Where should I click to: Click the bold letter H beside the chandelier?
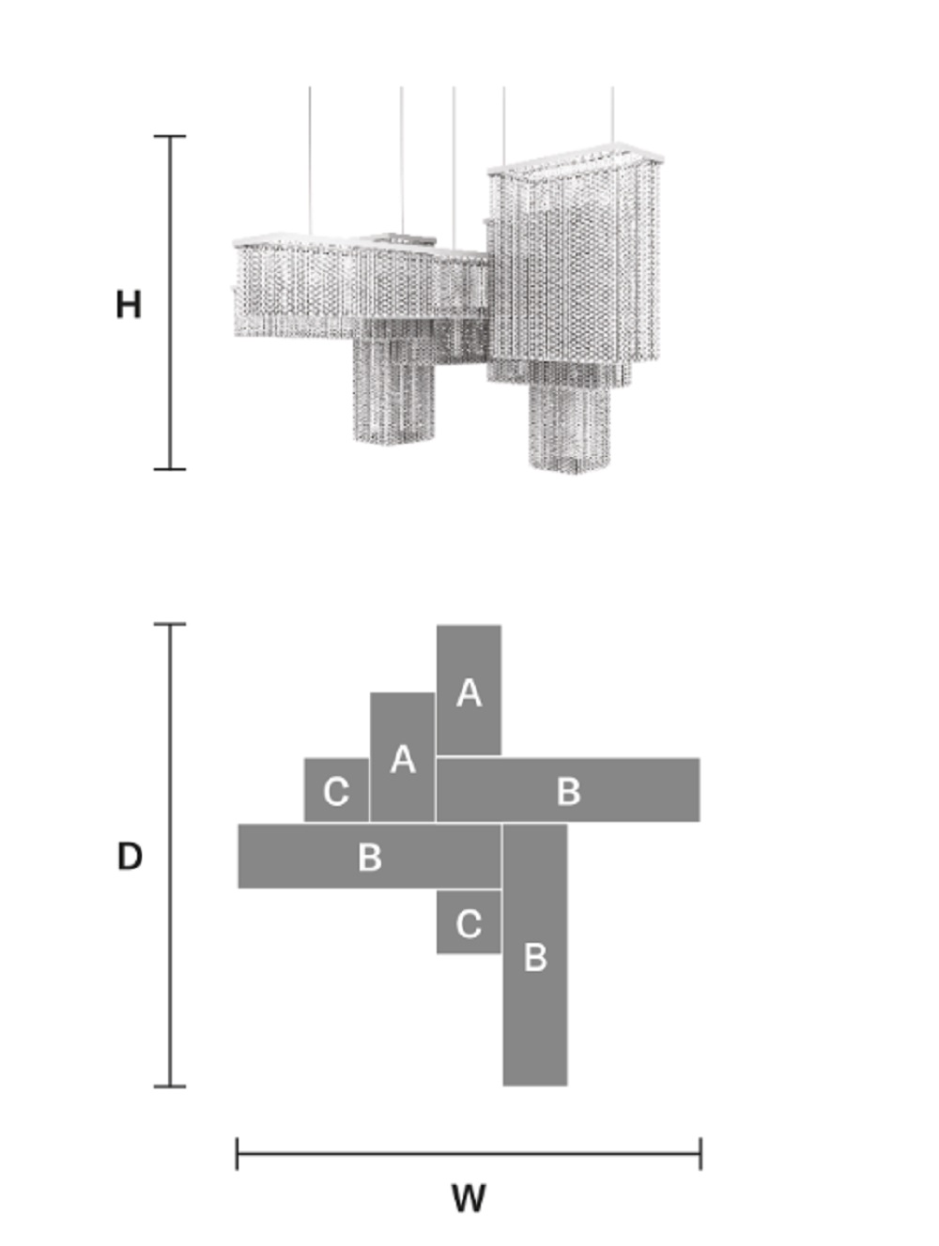pos(129,304)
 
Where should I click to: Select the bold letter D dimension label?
pos(130,856)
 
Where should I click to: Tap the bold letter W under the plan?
pos(469,1198)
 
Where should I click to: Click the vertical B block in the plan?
pos(535,954)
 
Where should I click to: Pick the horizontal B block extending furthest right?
pos(567,790)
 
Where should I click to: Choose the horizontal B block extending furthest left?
pos(369,856)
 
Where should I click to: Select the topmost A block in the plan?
pos(469,691)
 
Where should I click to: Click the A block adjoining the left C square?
pos(402,756)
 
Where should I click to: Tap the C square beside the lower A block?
pos(336,790)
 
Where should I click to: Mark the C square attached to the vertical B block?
pos(469,922)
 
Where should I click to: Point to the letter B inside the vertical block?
pos(535,957)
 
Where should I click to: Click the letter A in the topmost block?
pos(469,693)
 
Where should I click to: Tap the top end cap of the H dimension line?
pos(170,136)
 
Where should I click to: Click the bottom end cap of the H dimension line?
pos(170,469)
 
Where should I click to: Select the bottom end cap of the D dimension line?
pos(170,1086)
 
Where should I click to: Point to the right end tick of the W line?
pos(700,1153)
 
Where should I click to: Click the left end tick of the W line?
pos(237,1153)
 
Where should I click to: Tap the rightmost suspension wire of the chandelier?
pos(612,115)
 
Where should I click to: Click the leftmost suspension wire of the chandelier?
pos(310,160)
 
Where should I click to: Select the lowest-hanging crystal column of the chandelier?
pos(570,426)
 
